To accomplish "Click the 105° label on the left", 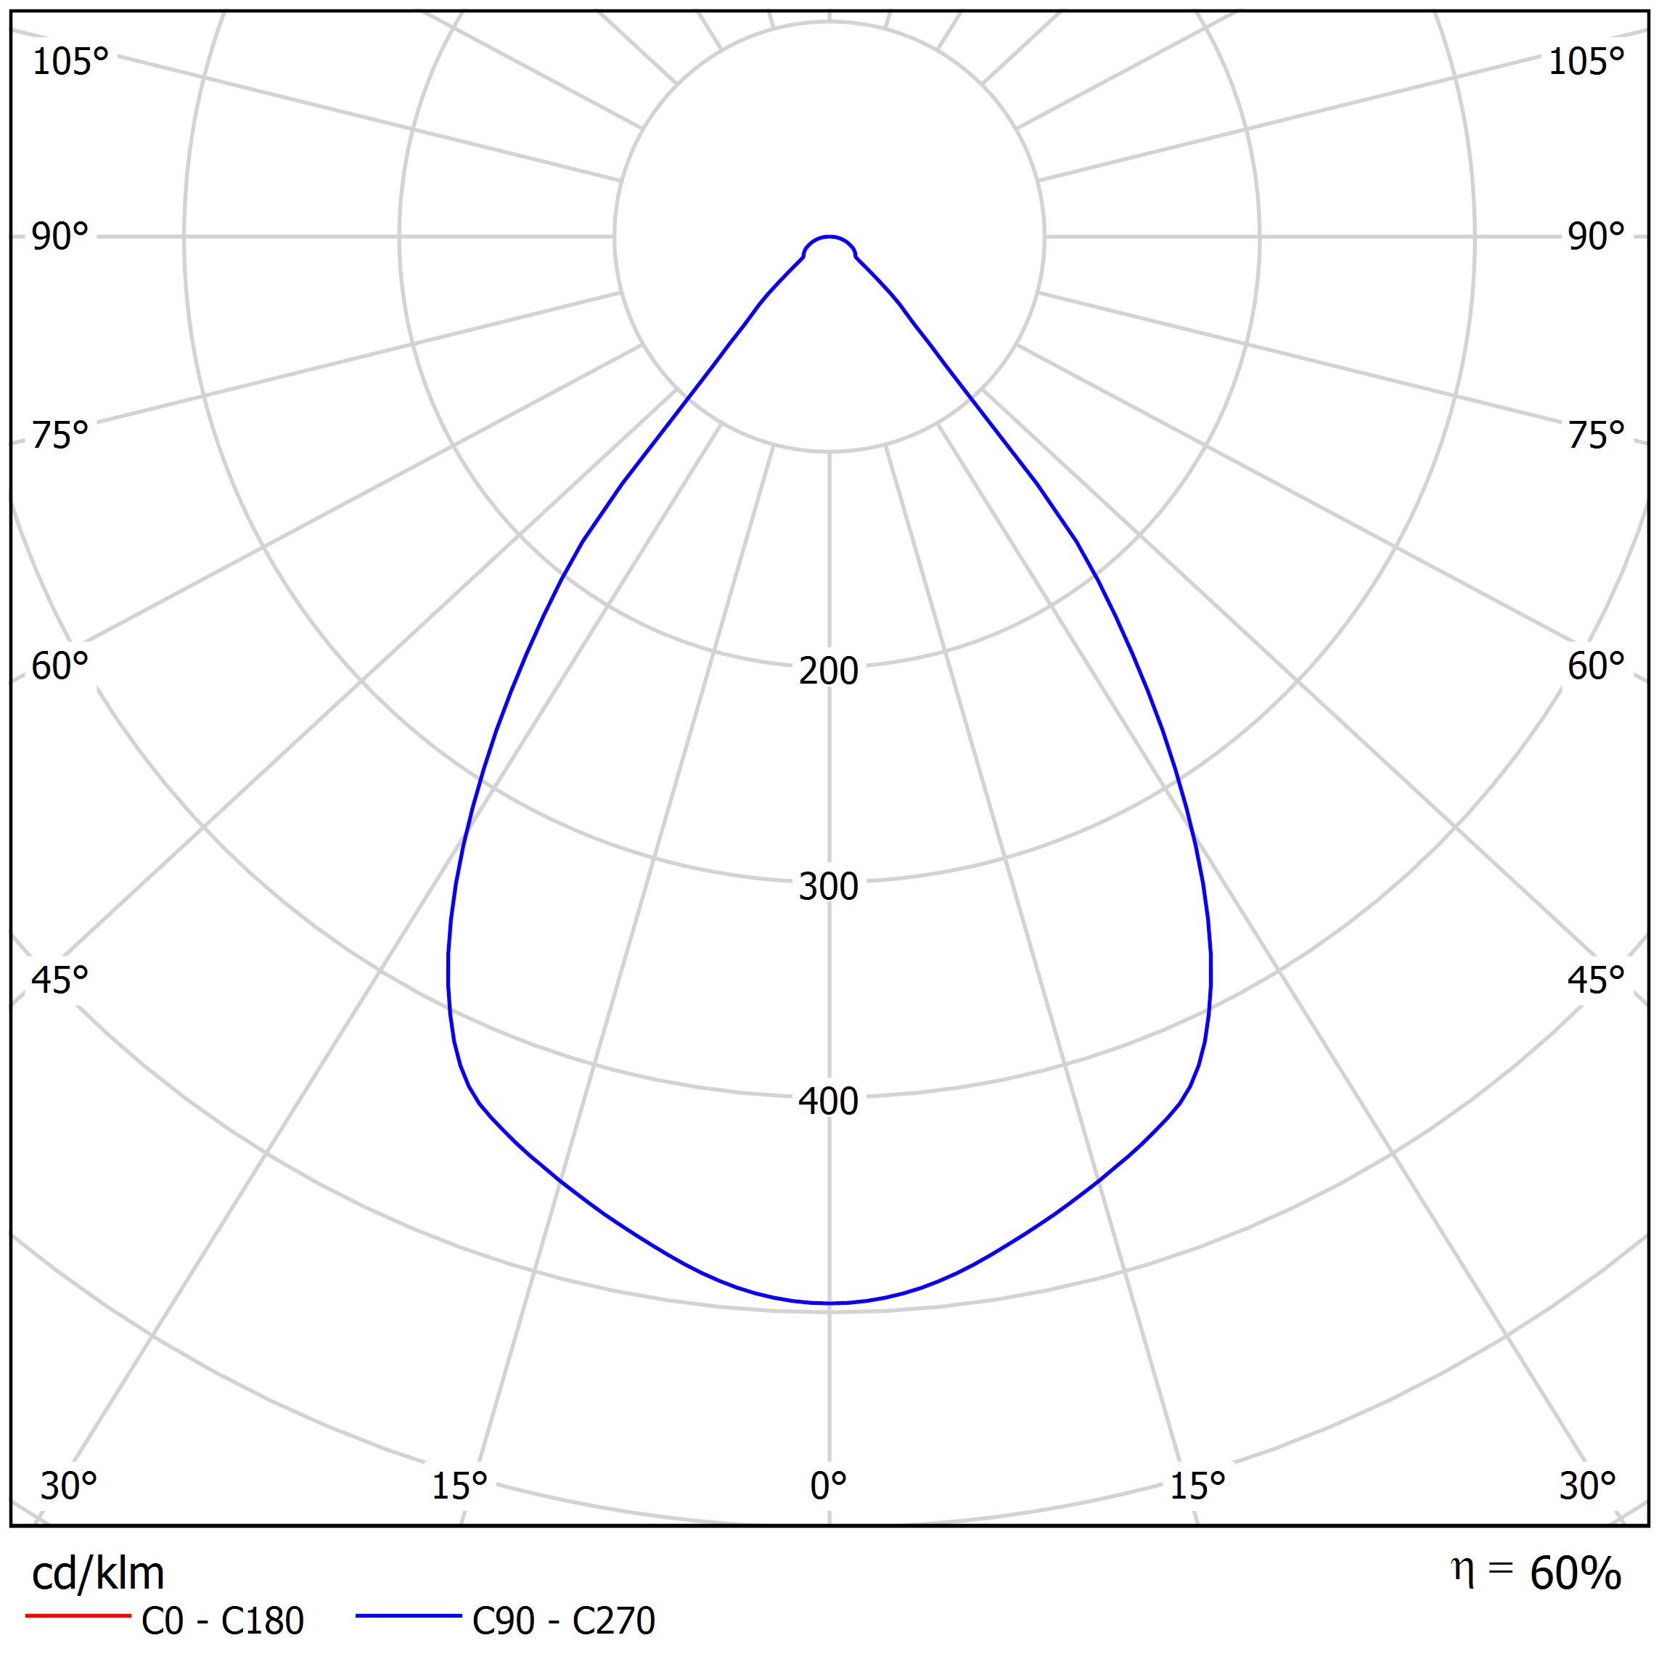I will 70,62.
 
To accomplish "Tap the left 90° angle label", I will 60,237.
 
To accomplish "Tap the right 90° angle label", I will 1597,237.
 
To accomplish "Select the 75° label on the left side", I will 60,436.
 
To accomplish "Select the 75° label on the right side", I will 1597,436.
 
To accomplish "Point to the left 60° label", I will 60,667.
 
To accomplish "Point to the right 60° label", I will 1597,667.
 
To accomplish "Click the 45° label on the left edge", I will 60,980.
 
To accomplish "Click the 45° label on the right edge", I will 1597,980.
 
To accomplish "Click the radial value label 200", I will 829,671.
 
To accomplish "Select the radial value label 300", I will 829,887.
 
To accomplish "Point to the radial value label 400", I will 829,1102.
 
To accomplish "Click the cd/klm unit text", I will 98,1574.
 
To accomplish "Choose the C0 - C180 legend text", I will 222,1621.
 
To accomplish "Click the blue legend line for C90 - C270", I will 409,1617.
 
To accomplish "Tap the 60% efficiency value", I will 1575,1574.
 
